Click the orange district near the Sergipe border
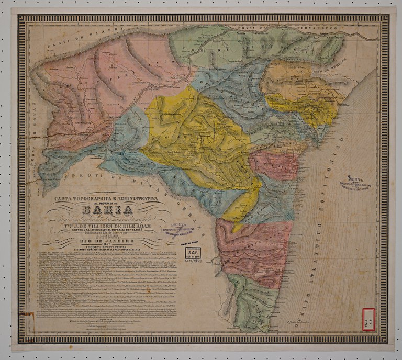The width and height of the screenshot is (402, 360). point(293,84)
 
